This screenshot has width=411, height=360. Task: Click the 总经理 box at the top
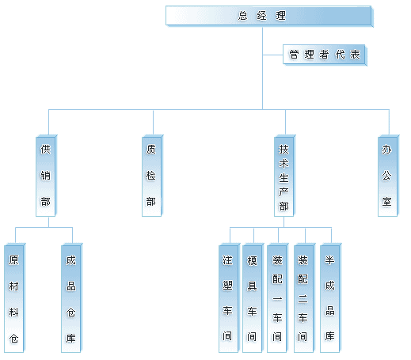(x=269, y=16)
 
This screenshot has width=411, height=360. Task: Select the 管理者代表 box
(x=325, y=55)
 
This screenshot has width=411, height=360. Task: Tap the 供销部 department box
(x=46, y=176)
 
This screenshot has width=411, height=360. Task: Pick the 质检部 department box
(x=152, y=176)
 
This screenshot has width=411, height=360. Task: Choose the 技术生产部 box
(x=284, y=176)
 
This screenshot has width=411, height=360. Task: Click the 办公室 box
(x=388, y=176)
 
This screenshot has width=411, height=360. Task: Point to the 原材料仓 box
(x=14, y=298)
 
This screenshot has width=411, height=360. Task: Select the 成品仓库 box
(x=71, y=298)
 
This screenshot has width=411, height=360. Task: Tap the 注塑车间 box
(x=229, y=298)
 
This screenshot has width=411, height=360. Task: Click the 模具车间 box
(x=253, y=298)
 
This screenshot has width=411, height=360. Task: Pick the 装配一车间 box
(x=277, y=298)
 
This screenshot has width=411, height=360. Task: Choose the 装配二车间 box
(x=304, y=298)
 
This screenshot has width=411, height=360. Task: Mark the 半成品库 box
(x=330, y=298)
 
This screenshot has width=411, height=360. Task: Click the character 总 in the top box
(x=243, y=16)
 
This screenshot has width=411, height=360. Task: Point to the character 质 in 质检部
(x=151, y=150)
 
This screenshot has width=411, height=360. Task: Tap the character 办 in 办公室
(x=386, y=150)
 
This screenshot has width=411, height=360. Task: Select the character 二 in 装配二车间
(x=303, y=299)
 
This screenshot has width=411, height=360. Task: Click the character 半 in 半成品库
(x=329, y=260)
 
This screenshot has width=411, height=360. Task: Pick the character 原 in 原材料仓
(x=13, y=260)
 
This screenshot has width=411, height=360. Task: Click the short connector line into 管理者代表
(x=272, y=55)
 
